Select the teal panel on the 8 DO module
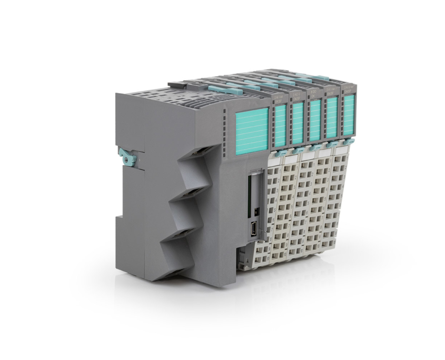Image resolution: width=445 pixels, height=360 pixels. click(x=314, y=123)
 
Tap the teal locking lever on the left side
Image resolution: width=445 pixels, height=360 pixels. click(x=125, y=156)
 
